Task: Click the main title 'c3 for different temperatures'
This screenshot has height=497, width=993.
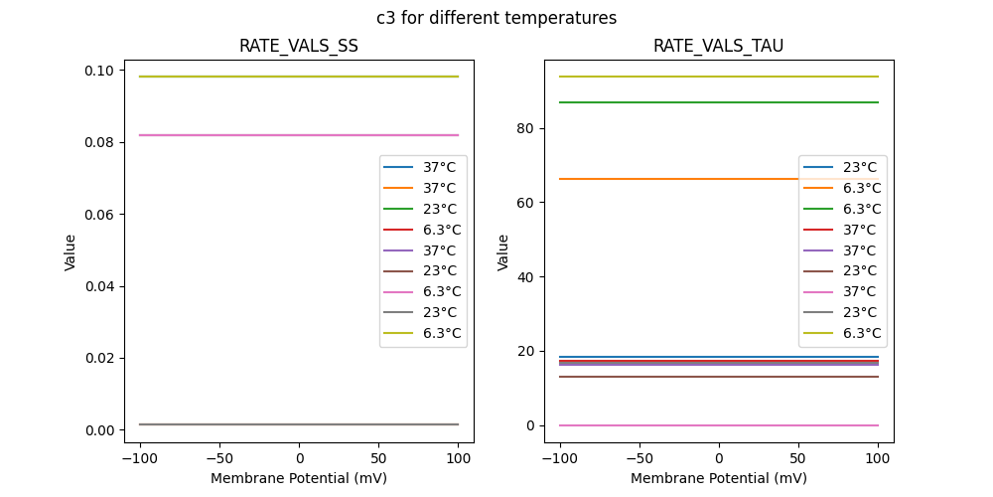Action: (x=496, y=18)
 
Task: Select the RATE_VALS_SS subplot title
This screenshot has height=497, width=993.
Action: (x=299, y=46)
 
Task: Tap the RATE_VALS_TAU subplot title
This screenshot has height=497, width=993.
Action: (x=718, y=46)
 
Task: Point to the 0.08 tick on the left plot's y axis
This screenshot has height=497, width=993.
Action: (x=99, y=142)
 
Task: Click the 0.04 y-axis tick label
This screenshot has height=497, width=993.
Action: (x=99, y=286)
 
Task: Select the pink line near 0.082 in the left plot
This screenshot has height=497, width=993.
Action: (x=248, y=135)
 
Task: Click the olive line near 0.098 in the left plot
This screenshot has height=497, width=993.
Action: (x=248, y=77)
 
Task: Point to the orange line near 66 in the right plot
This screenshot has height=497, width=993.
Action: (x=675, y=179)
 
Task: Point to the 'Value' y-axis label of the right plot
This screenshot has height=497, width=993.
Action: (x=503, y=252)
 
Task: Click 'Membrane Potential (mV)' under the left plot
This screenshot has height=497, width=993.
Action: (x=299, y=478)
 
